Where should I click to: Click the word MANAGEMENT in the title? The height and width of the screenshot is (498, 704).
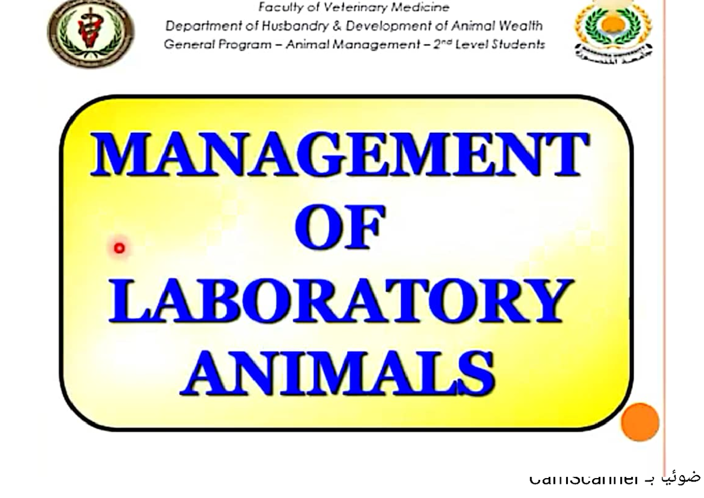[339, 154]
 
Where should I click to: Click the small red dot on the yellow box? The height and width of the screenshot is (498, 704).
[120, 248]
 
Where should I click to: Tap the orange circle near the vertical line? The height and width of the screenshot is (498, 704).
[640, 422]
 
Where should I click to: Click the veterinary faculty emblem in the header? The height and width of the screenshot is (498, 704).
[91, 32]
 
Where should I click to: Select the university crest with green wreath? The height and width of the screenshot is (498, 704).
[612, 29]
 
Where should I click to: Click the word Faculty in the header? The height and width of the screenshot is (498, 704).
[278, 8]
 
